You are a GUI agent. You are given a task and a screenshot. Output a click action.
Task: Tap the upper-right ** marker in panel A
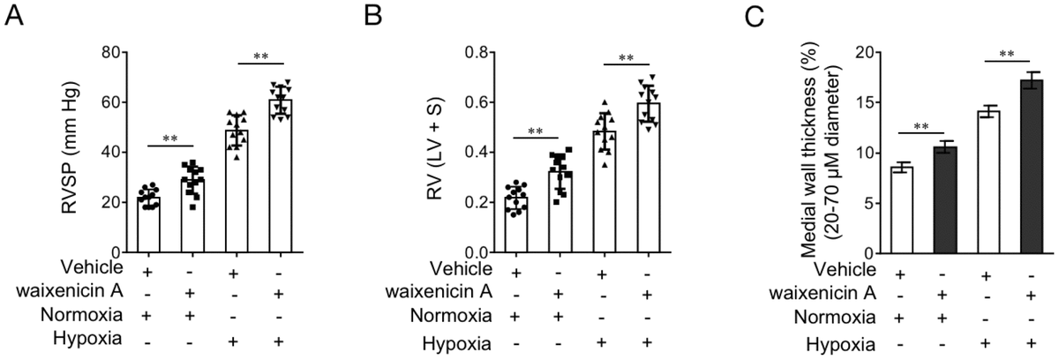pos(261,56)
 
